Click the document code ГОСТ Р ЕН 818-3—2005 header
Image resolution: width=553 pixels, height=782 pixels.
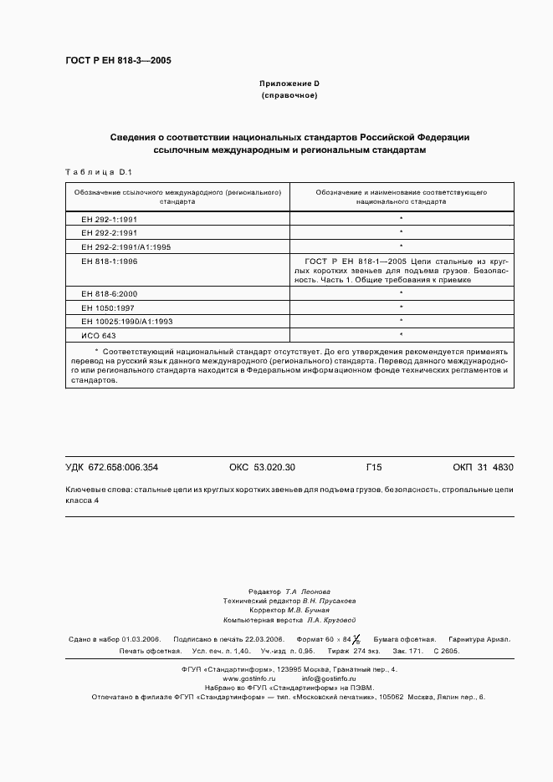click(118, 60)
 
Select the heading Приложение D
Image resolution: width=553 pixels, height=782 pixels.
click(289, 84)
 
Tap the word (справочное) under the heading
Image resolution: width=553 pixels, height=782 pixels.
click(289, 96)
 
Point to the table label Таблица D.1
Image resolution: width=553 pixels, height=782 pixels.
click(99, 171)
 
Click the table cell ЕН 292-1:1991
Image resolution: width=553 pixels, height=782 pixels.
click(110, 218)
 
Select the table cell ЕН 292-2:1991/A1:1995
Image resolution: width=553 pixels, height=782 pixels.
click(126, 246)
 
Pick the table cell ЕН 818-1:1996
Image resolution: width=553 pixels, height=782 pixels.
click(110, 262)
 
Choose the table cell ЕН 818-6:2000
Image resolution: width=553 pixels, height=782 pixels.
click(110, 294)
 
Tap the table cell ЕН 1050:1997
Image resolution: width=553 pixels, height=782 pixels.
click(107, 307)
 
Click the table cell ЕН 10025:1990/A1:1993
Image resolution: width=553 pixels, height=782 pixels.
click(128, 321)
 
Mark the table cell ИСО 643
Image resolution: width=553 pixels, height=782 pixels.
click(99, 335)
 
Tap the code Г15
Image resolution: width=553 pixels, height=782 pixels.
click(374, 467)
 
